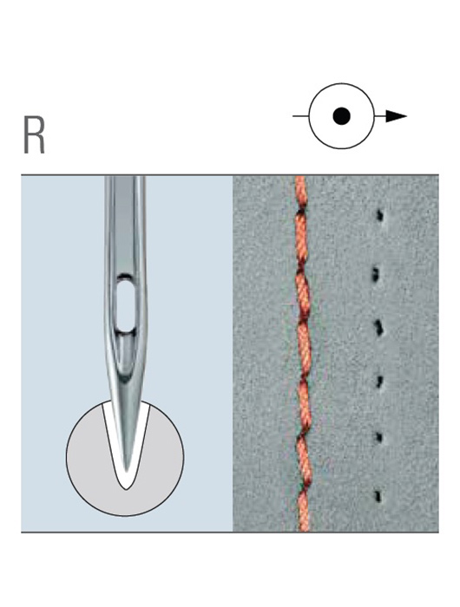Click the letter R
(x=34, y=135)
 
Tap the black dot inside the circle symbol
(x=341, y=115)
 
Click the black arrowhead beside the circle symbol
(x=396, y=115)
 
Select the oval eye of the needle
(x=126, y=306)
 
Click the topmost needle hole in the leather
(x=379, y=215)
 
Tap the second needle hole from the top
(x=375, y=275)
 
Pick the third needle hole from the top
(x=378, y=328)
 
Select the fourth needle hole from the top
(x=379, y=382)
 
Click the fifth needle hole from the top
(x=378, y=437)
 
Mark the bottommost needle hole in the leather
(x=378, y=496)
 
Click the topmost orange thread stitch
(x=301, y=192)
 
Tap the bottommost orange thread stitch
(x=304, y=510)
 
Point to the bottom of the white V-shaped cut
(x=127, y=489)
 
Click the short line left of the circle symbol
(x=300, y=115)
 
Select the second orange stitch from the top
(x=302, y=239)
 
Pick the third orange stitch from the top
(x=303, y=294)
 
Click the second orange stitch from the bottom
(x=305, y=461)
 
